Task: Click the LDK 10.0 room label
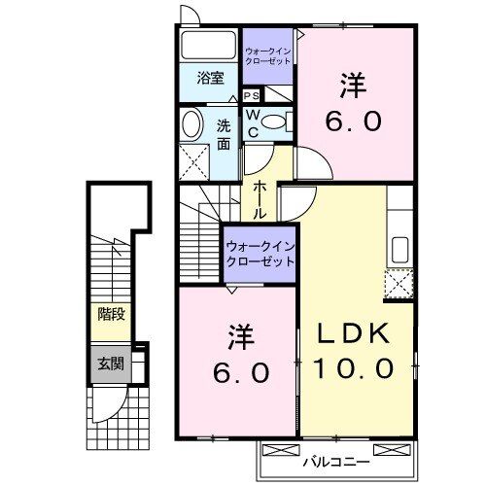tap(353, 351)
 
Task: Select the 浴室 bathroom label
tap(210, 78)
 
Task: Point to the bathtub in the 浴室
tap(209, 46)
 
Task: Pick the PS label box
tap(251, 95)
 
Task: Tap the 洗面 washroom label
tap(224, 134)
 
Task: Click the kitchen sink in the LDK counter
tap(399, 249)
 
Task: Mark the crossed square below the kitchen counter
tap(399, 284)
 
